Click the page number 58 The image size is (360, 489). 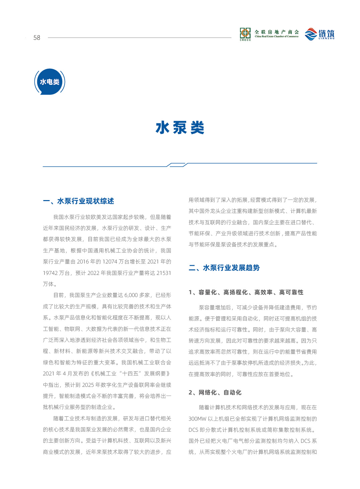tap(37, 38)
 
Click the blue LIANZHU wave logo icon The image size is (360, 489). tap(311, 34)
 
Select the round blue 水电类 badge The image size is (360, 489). tap(50, 82)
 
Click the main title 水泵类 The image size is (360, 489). tap(180, 128)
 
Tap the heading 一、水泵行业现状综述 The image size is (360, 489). tap(78, 201)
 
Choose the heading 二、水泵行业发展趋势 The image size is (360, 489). tap(224, 268)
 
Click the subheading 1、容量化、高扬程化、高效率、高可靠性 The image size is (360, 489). tap(246, 292)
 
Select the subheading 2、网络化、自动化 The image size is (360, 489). tap(215, 392)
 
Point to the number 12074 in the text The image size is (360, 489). tap(110, 262)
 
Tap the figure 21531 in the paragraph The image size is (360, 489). tap(164, 273)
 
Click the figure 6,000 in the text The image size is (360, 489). tap(131, 295)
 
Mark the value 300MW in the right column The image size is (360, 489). tap(198, 419)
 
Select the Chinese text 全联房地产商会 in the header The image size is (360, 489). tap(277, 32)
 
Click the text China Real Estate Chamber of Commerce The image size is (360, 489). tap(277, 37)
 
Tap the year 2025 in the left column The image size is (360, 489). tap(88, 385)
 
